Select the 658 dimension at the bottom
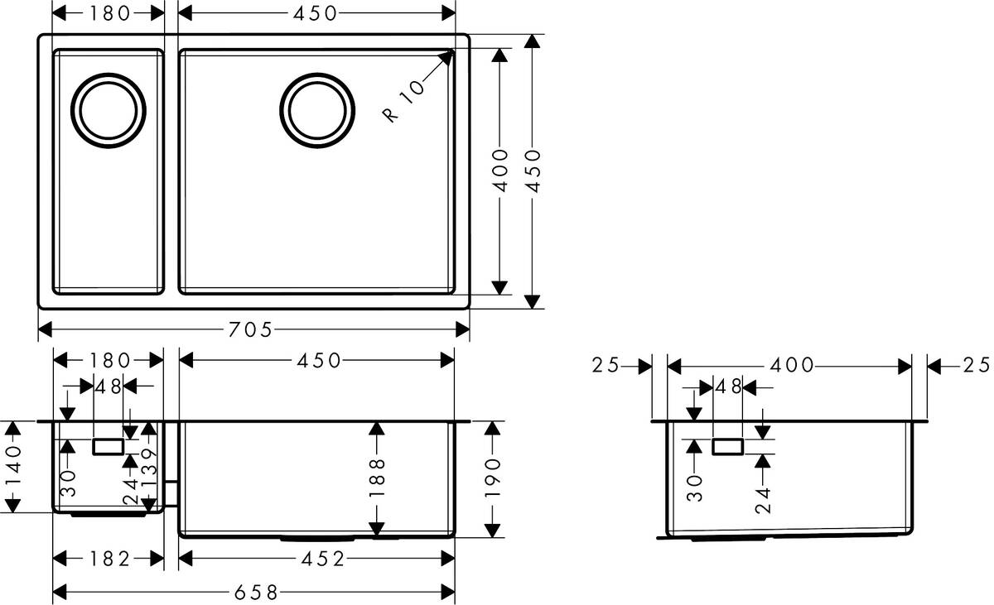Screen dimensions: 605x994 (253, 592)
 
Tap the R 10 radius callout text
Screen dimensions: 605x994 (404, 100)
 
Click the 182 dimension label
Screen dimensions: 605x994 (109, 560)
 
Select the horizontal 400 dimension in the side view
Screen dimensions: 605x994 (791, 365)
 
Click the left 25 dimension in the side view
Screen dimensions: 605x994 (606, 365)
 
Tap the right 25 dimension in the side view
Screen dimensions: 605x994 (977, 365)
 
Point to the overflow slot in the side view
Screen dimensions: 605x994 (727, 447)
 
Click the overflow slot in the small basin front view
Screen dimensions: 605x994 (109, 447)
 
